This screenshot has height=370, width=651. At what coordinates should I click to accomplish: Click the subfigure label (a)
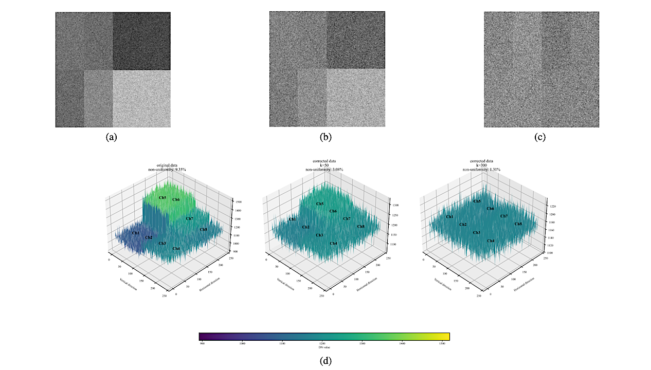point(113,137)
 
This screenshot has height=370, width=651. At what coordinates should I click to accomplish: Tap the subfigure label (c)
point(541,137)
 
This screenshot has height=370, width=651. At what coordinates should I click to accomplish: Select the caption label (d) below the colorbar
point(325,361)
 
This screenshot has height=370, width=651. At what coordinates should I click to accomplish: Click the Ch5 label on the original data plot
point(162,197)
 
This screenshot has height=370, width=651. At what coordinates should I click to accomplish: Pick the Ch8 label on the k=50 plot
point(361,226)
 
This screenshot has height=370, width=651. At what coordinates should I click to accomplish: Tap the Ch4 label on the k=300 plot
point(491,240)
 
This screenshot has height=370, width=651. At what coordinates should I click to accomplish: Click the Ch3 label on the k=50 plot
point(319,235)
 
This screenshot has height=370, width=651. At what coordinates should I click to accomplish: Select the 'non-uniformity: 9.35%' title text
point(168,169)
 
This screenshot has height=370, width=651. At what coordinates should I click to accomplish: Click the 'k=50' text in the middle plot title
point(324,165)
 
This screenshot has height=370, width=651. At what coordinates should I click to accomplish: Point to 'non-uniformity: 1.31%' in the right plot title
point(481,169)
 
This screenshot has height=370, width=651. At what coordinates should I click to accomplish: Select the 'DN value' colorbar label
point(324,348)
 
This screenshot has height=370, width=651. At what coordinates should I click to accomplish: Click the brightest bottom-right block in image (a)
point(141,99)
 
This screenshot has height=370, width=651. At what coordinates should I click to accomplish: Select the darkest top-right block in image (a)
point(141,41)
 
